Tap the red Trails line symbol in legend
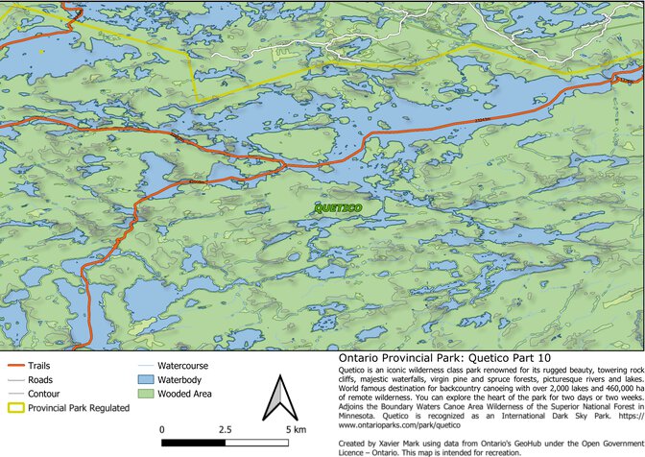tap(14, 366)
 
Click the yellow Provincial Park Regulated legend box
tap(14, 408)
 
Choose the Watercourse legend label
tap(182, 366)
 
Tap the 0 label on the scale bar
tap(162, 428)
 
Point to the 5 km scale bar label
tap(295, 428)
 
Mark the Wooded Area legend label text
tap(187, 395)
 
